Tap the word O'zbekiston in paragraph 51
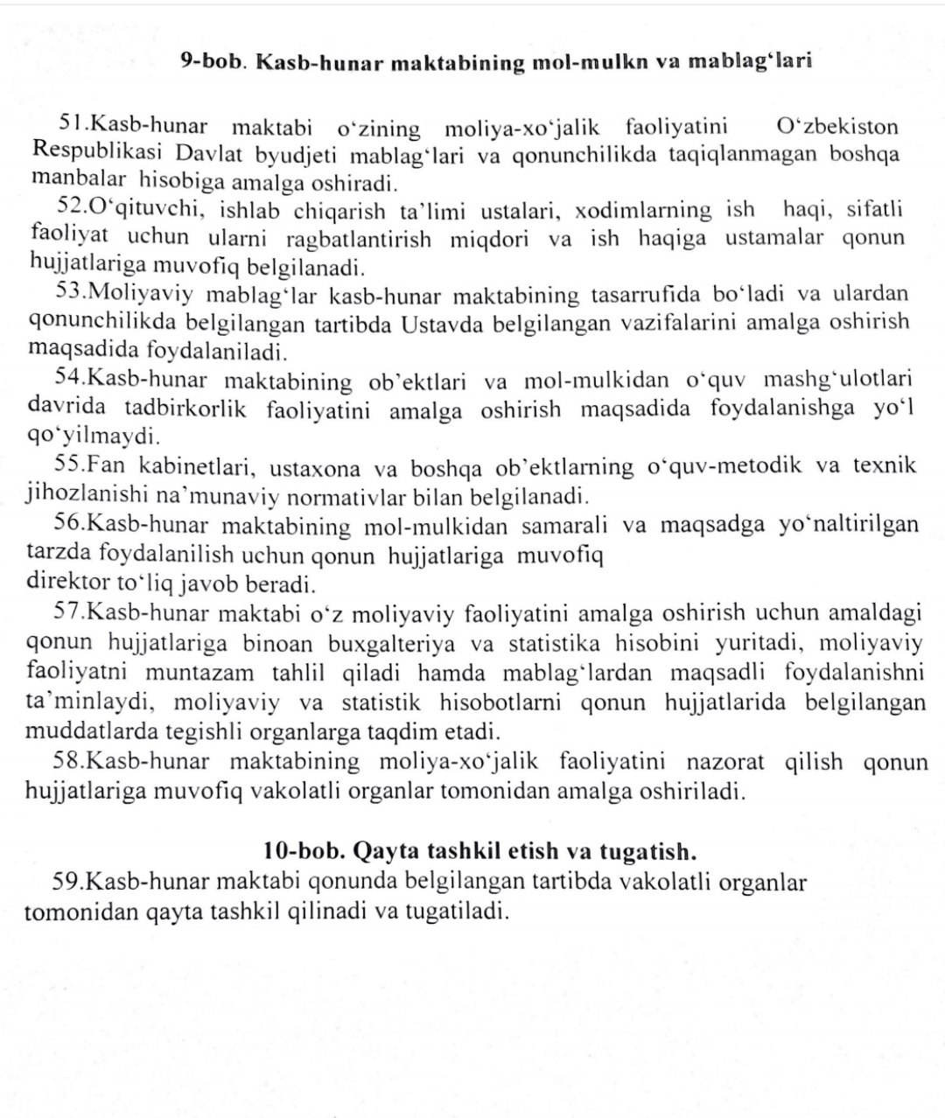[837, 127]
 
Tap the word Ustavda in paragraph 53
[443, 323]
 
